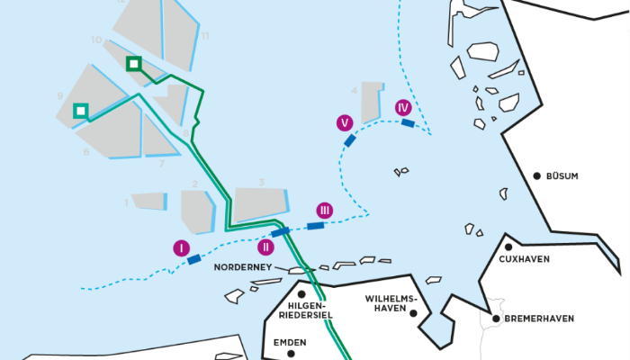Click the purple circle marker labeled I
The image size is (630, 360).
click(x=182, y=247)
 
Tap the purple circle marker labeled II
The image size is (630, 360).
click(x=265, y=247)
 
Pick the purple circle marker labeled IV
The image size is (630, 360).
click(x=403, y=107)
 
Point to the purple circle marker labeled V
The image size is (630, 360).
click(x=343, y=122)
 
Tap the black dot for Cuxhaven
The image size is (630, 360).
click(x=508, y=247)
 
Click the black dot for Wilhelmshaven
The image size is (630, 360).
click(x=412, y=313)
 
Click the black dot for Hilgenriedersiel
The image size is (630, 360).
click(x=301, y=293)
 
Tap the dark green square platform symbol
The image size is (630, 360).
click(x=133, y=63)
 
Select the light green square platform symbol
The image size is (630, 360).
click(x=81, y=111)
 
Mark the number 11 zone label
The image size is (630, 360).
click(x=205, y=36)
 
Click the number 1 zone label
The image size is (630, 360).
click(x=126, y=202)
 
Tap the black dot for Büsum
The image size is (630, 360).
click(x=536, y=176)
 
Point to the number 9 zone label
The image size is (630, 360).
click(x=58, y=95)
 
